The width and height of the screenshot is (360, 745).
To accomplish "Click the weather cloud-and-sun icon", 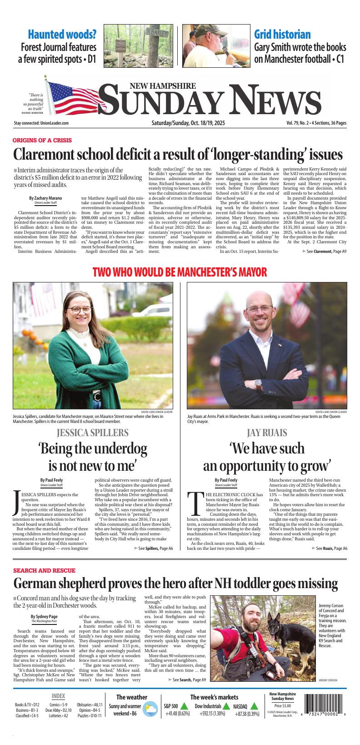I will pyautogui.click(x=149, y=710).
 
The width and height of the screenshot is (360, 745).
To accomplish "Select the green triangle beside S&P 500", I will pyautogui.click(x=184, y=706).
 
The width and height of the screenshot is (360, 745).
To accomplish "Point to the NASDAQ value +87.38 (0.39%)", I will pyautogui.click(x=247, y=714).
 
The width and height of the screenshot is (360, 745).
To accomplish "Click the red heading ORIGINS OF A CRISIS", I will pyautogui.click(x=42, y=140).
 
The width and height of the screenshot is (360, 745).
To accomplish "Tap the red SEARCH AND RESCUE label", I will pyautogui.click(x=44, y=570).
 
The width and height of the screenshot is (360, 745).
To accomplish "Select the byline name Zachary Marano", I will pyautogui.click(x=45, y=198).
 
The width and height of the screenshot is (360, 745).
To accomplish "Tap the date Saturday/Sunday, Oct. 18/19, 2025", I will pyautogui.click(x=188, y=123).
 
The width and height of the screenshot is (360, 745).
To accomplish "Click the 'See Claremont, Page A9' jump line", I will pyautogui.click(x=324, y=251).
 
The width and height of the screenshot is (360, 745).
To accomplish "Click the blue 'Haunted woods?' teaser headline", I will pyautogui.click(x=62, y=35).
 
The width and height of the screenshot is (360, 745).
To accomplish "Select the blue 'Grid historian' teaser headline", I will pyautogui.click(x=282, y=35).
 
